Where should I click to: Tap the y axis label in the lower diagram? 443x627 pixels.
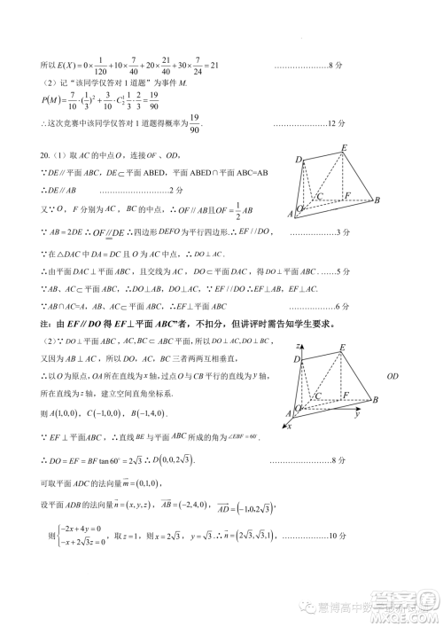coord(356,414)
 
